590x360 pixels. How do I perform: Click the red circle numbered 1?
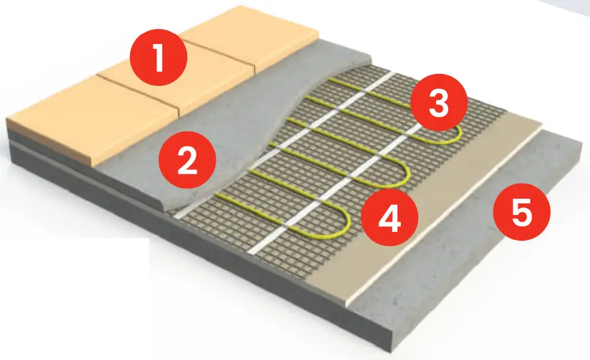tap(159, 58)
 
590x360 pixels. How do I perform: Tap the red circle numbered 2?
tap(186, 161)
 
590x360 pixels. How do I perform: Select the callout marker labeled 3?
tap(439, 104)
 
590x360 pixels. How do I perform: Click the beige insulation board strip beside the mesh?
tap(434, 203)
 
